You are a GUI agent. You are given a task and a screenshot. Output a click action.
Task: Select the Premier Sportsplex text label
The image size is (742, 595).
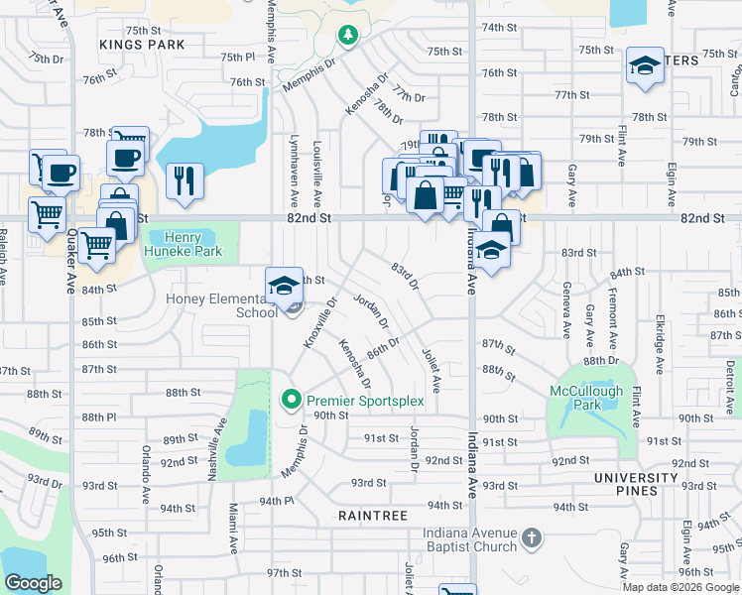(x=365, y=401)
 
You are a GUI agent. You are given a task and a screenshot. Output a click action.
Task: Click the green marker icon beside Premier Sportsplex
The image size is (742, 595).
(x=292, y=401)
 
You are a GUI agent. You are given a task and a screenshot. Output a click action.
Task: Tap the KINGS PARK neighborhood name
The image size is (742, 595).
(x=142, y=45)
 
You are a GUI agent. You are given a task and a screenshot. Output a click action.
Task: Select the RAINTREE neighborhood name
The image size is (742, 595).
(x=373, y=516)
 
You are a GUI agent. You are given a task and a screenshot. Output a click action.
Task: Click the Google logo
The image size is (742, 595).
(x=33, y=583)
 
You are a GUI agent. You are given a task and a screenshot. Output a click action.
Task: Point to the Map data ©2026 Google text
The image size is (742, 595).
(x=680, y=587)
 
